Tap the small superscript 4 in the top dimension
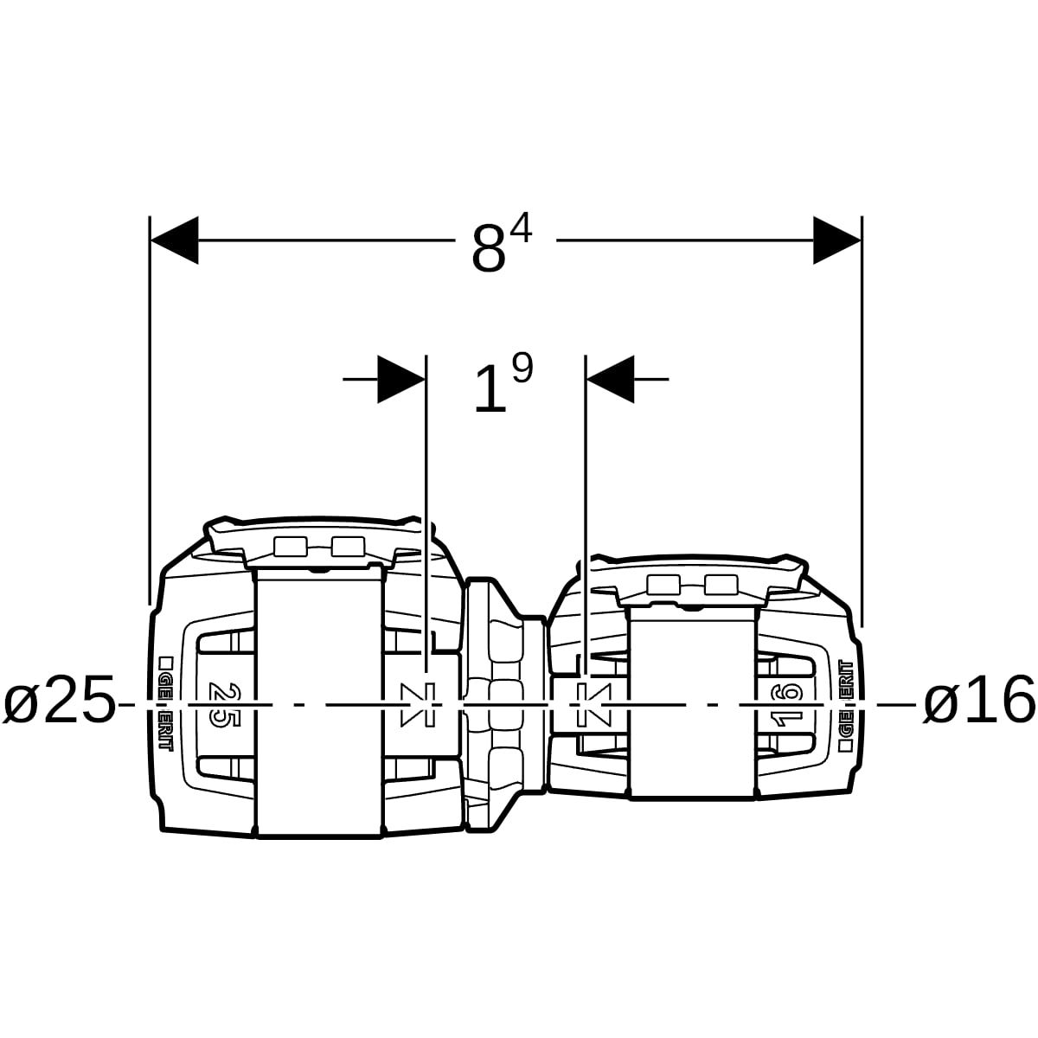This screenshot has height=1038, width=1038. (x=522, y=230)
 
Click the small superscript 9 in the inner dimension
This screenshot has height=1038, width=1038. (x=522, y=369)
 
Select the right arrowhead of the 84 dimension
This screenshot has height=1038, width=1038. (x=836, y=240)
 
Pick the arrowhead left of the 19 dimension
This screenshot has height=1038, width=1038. (x=400, y=379)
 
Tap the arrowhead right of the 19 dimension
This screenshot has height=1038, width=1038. (x=611, y=379)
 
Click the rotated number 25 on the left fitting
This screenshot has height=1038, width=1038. (x=223, y=703)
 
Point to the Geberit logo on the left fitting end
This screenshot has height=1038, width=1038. (x=164, y=703)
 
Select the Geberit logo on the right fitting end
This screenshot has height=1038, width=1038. (x=846, y=703)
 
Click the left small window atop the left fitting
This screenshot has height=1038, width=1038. (x=290, y=546)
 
